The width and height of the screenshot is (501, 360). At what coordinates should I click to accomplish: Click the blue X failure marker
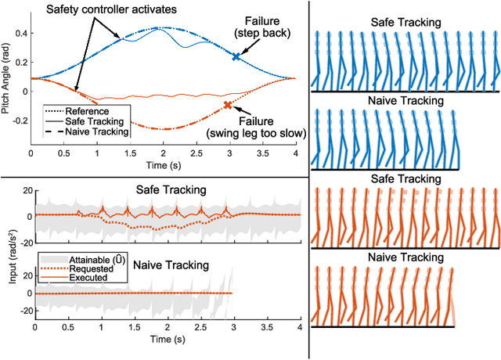pyautogui.click(x=236, y=56)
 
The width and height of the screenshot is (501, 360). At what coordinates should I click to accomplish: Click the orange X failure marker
pyautogui.click(x=227, y=105)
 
